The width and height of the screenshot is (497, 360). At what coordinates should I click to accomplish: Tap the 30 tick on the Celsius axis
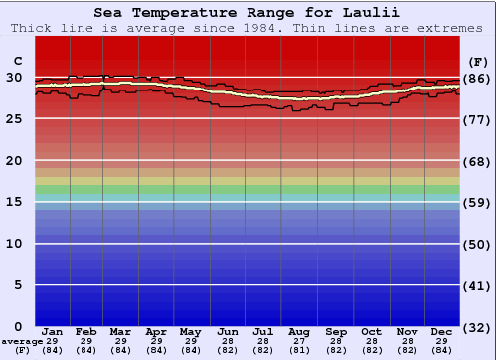(x=15, y=78)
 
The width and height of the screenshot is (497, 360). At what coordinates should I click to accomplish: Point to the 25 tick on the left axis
(x=15, y=119)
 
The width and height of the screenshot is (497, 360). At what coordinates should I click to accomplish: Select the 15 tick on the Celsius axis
(x=15, y=202)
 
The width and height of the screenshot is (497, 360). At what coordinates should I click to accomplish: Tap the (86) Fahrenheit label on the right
(x=477, y=78)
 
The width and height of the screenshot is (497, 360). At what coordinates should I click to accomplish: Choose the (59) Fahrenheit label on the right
(x=477, y=202)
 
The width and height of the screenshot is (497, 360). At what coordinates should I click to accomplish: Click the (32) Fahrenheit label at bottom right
(x=477, y=327)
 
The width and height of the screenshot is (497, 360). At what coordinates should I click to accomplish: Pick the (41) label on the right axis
(x=477, y=285)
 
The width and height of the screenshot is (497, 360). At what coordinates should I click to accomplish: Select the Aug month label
(x=299, y=331)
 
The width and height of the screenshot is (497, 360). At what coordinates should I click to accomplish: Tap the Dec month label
(x=442, y=331)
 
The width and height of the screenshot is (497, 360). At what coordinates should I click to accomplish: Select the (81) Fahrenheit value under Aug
(x=299, y=350)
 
